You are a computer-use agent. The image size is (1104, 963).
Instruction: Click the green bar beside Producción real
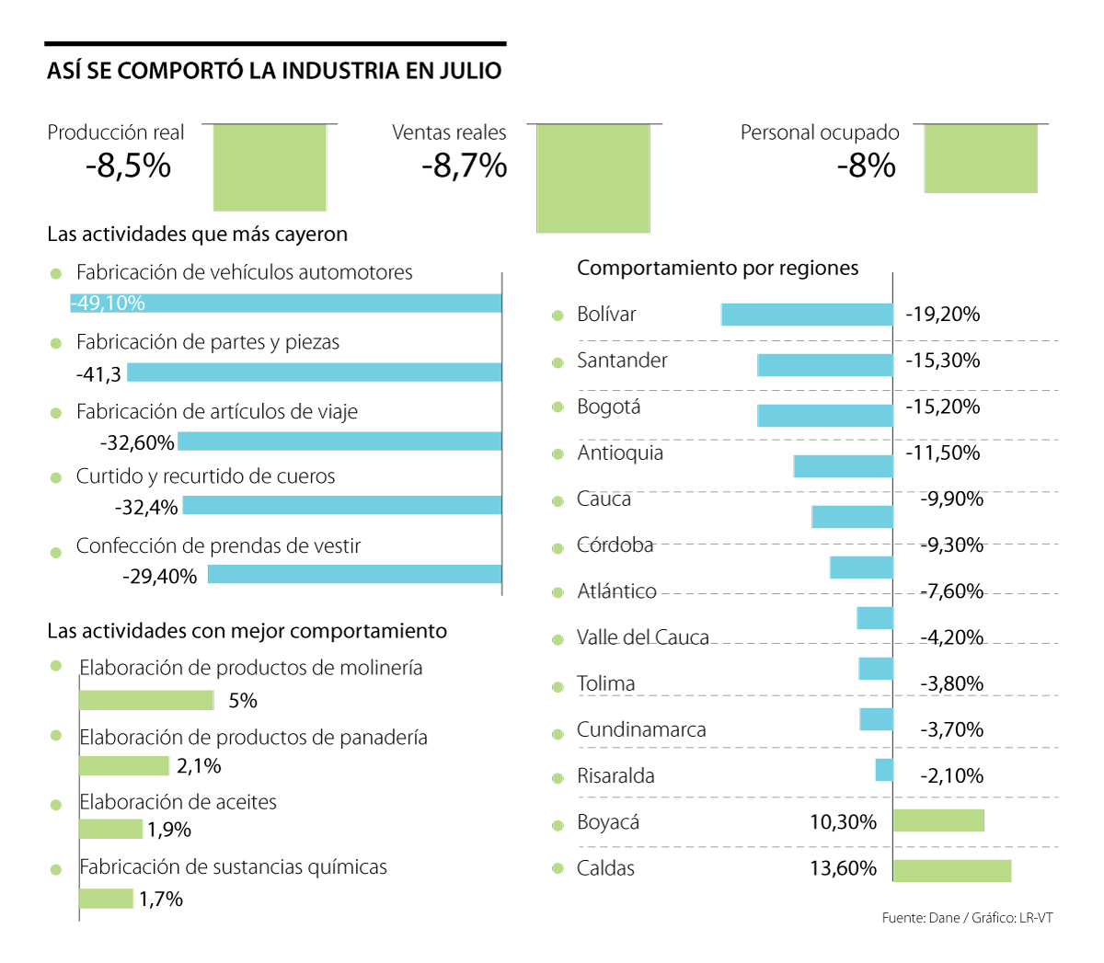click(270, 167)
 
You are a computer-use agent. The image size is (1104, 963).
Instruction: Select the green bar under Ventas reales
click(592, 178)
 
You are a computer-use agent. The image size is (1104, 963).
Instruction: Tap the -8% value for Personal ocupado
click(866, 166)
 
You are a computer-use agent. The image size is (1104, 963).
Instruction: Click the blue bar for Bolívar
click(807, 315)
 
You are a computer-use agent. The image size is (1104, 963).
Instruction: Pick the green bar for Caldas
click(951, 870)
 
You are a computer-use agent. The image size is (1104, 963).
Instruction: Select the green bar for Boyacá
click(938, 820)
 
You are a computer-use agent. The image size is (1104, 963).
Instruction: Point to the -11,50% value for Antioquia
click(943, 453)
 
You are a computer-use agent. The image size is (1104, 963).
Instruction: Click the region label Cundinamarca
click(641, 730)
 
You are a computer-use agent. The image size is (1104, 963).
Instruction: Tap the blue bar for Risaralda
click(884, 770)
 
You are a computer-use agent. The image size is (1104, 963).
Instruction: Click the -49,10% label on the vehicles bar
click(109, 304)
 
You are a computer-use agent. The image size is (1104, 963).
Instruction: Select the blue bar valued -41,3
click(314, 373)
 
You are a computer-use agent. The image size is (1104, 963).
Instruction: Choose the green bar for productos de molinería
click(146, 701)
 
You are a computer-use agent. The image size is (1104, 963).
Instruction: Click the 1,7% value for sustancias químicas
click(161, 900)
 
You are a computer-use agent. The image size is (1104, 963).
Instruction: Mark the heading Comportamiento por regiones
click(718, 269)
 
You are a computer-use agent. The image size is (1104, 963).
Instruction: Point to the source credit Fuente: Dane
click(920, 918)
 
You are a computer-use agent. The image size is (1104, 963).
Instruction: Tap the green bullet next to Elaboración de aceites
click(56, 805)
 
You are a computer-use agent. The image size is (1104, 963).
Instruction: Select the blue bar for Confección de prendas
click(354, 575)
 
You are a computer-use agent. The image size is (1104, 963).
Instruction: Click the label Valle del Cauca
click(642, 637)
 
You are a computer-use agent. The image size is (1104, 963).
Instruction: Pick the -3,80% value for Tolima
click(951, 683)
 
